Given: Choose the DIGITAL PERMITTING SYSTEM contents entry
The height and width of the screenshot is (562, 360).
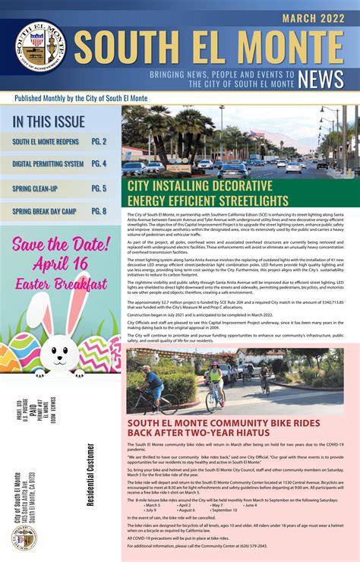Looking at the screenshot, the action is pyautogui.click(x=48, y=163).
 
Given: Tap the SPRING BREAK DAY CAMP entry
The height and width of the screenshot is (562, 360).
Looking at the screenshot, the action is pyautogui.click(x=47, y=211).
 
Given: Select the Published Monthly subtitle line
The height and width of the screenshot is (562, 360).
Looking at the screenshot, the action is pyautogui.click(x=61, y=97).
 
